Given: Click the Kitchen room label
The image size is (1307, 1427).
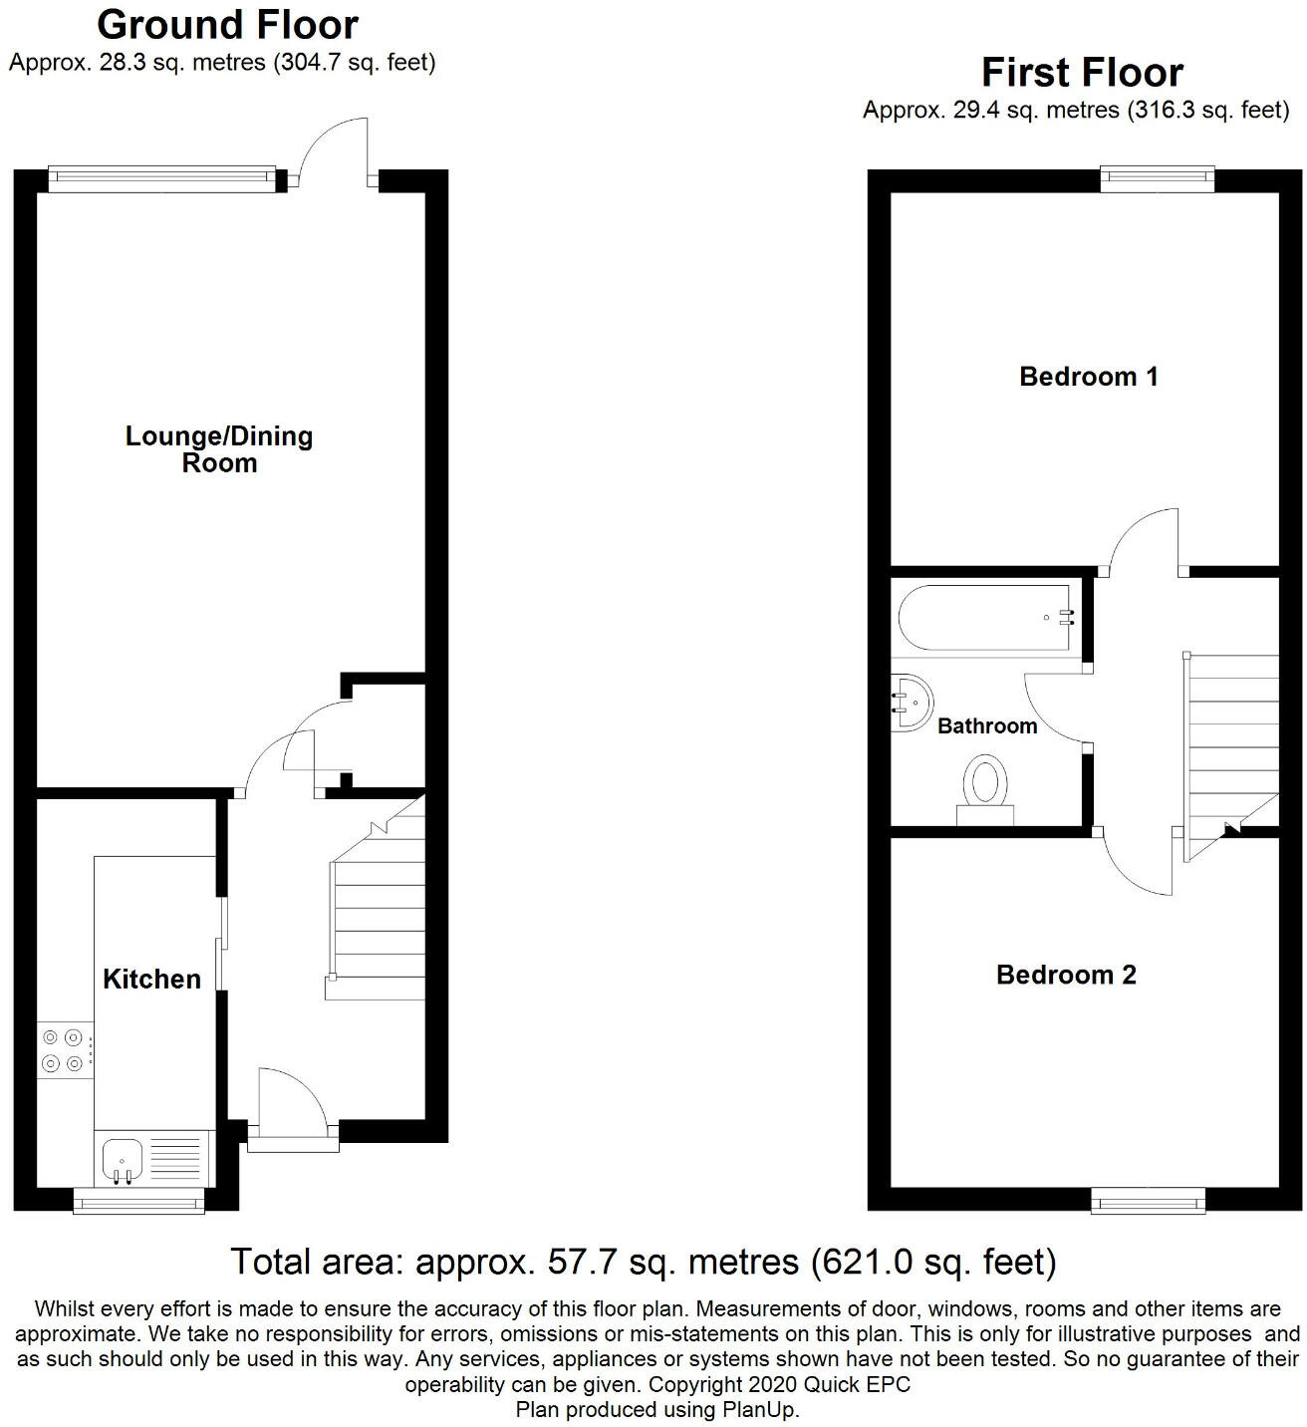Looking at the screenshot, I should click(x=151, y=979).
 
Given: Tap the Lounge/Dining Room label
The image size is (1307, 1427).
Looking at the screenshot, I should click(x=219, y=449).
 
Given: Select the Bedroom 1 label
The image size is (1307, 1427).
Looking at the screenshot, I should click(x=1089, y=377).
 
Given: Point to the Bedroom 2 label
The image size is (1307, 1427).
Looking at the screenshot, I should click(x=1066, y=975).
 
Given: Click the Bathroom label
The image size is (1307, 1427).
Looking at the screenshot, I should click(x=987, y=725).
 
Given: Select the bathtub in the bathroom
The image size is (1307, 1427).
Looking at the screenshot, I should click(x=986, y=618).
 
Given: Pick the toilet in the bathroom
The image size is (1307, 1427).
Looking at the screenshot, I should click(x=985, y=790).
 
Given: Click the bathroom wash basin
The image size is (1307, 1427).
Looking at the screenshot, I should click(x=910, y=702).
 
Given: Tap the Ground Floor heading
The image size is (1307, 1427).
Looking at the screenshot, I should click(x=227, y=24).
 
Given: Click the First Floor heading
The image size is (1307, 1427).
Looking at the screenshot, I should click(x=1082, y=73).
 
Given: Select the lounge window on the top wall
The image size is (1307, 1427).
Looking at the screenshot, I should click(x=161, y=178).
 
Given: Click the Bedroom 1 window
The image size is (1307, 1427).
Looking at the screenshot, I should click(x=1158, y=178).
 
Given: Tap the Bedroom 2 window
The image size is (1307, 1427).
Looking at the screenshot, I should click(x=1148, y=1200).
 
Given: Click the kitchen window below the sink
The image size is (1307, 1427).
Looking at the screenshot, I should click(x=138, y=1202).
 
